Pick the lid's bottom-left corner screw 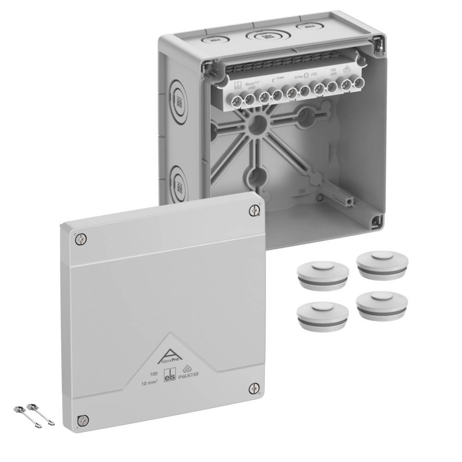[84, 420]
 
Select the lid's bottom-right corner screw [254, 389]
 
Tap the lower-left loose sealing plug [322, 316]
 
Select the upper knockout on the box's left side [178, 101]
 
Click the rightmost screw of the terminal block [357, 83]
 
